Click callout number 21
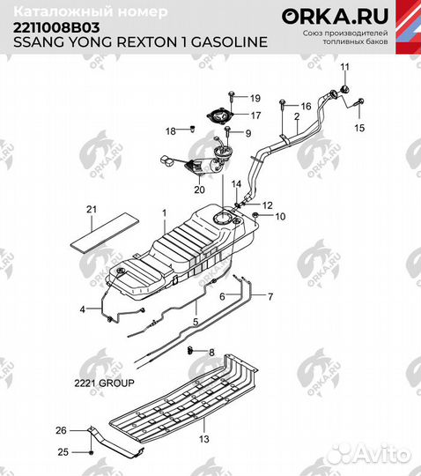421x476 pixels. pos(92,210)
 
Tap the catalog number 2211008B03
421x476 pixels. pos(56,28)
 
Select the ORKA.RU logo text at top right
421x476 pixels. pos(335,16)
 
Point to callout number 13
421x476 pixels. pos(204,439)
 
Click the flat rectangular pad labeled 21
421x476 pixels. pos(105,233)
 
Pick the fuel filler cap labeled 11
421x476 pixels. pos(344,90)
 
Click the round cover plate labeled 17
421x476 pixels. pos(221,115)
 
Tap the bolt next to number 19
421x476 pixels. pos(232,97)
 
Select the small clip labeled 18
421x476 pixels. pos(192,129)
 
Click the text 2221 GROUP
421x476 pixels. pos(104,383)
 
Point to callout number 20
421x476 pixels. pos(199,190)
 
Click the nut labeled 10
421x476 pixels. pos(255,215)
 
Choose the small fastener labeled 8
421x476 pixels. pos(190,350)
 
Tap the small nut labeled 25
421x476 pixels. pos(92,452)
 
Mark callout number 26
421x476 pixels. pos(61,430)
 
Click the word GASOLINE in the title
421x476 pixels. pos(229,42)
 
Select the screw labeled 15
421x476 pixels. pos(360,101)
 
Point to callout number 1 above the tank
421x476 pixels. pos(165,213)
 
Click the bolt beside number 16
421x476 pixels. pos(283,103)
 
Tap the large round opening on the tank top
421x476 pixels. pos(223,219)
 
